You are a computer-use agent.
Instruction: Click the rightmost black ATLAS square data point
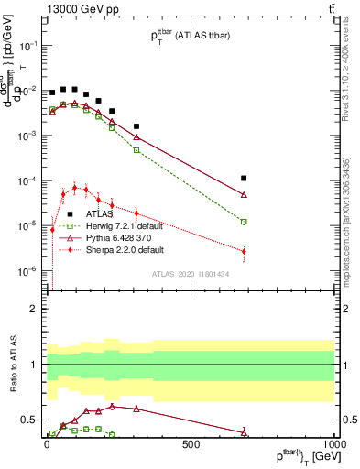point(244,179)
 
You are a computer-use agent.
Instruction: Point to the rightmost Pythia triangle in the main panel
point(244,195)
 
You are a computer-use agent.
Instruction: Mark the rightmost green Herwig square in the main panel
point(244,222)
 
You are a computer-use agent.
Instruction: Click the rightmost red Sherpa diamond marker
point(244,251)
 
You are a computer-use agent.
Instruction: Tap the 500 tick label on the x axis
point(191,446)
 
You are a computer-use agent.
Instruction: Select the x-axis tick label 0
point(46,446)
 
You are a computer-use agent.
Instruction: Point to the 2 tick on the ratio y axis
point(33,309)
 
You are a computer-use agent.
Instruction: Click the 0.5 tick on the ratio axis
point(28,420)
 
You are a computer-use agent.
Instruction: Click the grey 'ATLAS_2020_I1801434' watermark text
point(190,274)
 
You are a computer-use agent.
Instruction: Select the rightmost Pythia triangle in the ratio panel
point(244,431)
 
